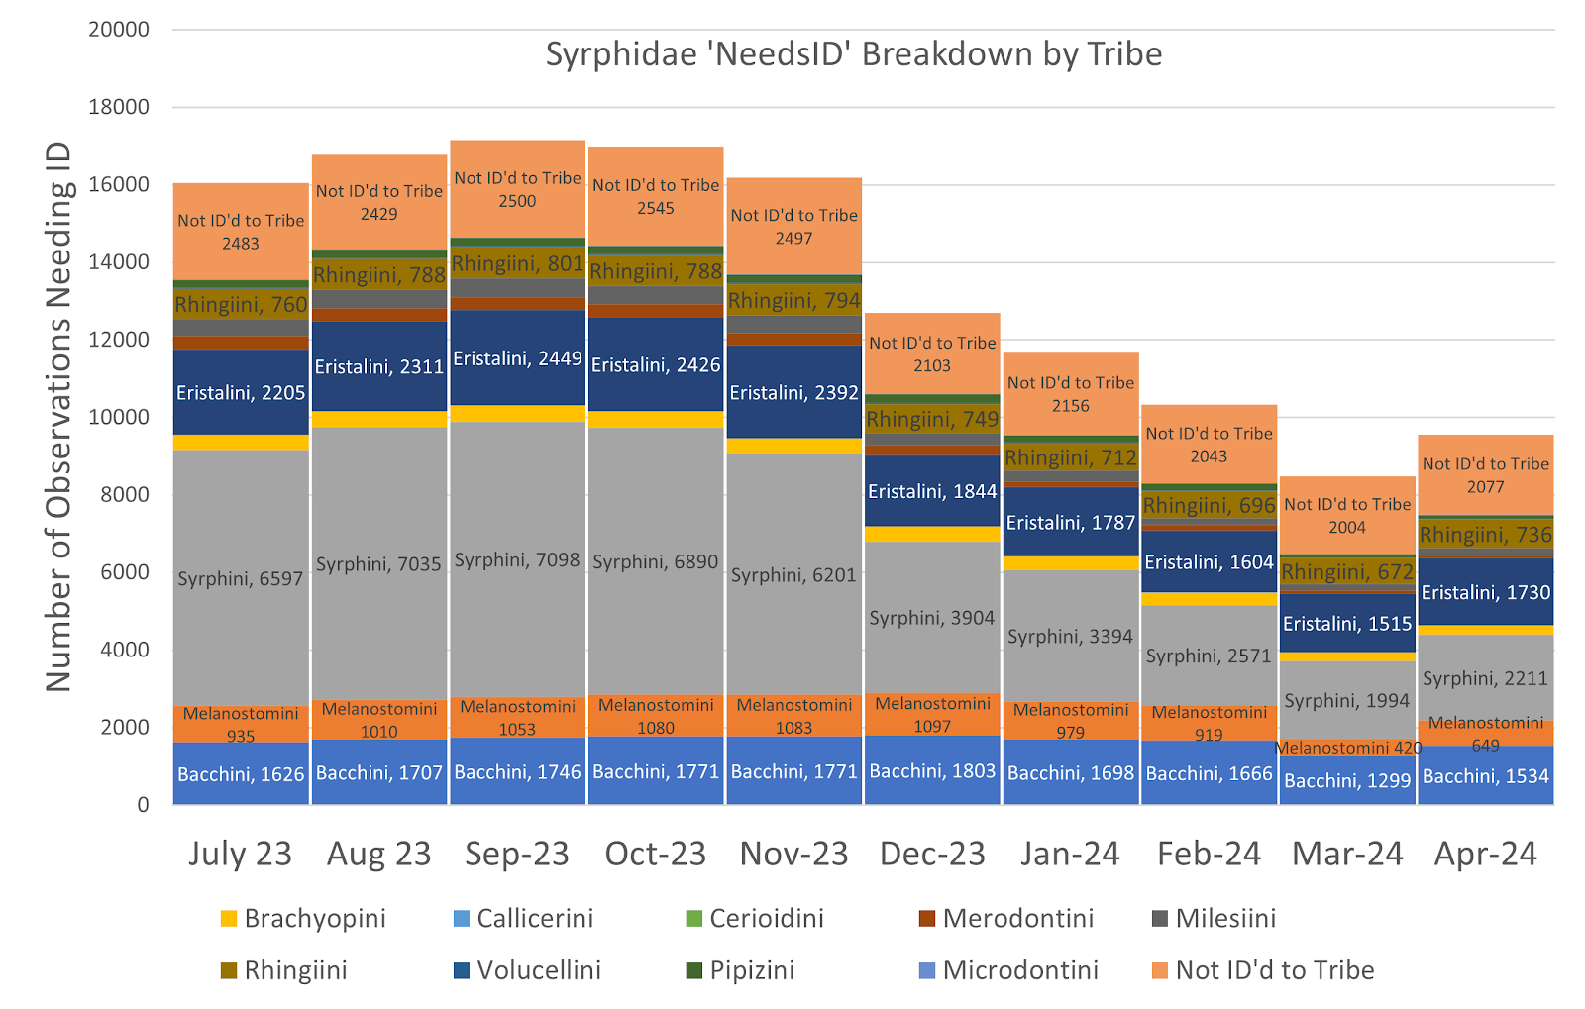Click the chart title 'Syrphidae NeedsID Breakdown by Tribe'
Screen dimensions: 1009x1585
tap(853, 54)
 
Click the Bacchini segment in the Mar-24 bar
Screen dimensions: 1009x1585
tap(1347, 780)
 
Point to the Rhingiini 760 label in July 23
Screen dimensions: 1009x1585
tap(241, 305)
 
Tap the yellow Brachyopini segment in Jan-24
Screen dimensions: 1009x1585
tap(1071, 563)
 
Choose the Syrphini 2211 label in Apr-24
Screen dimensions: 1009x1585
tap(1485, 678)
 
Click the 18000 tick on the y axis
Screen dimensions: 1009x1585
tap(119, 107)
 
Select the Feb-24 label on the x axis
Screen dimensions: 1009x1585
tap(1209, 854)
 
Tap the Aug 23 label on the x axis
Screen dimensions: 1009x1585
tap(379, 854)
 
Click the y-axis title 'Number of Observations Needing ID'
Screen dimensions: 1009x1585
tap(59, 416)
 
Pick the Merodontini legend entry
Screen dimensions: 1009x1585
tap(1017, 918)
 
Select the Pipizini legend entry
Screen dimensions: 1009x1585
tap(751, 970)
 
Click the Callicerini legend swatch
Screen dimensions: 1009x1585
tap(461, 919)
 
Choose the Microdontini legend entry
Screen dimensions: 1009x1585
tap(1019, 970)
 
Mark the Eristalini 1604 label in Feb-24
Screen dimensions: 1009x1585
tap(1209, 562)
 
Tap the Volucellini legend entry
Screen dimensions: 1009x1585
tap(538, 970)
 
